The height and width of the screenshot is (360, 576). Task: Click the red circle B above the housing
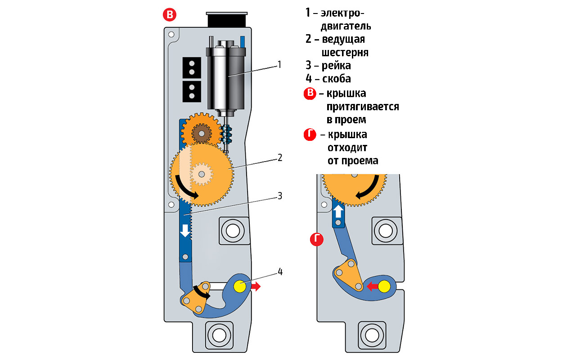pos(170,15)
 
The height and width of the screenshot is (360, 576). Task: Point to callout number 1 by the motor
pos(279,64)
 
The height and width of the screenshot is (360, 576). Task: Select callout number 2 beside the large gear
pos(279,157)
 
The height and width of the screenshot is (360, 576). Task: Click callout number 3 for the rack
pos(279,196)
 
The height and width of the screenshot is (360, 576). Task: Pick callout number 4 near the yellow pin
pos(280,271)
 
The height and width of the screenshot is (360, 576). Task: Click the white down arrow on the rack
pos(184,230)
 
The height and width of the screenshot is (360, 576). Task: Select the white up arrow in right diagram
pos(338,210)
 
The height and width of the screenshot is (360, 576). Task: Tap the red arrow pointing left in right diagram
pos(372,286)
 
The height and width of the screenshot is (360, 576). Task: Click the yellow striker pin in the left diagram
pos(239,285)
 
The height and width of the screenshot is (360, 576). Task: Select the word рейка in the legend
pos(336,65)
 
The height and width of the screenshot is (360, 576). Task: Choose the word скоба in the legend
pos(337,79)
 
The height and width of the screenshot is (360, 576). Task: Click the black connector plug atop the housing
pos(227,19)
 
